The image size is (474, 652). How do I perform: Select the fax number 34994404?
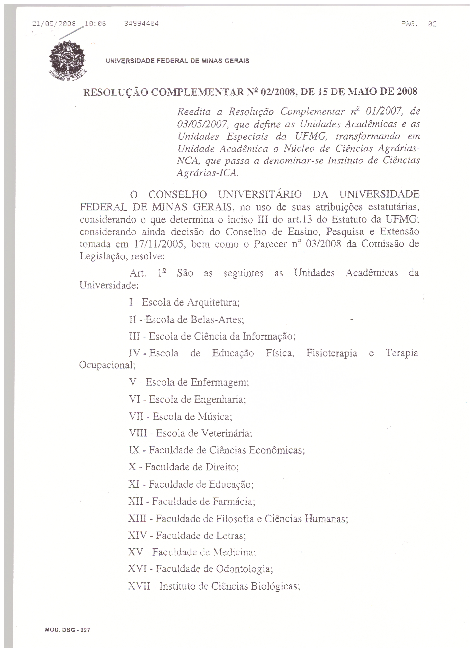(x=141, y=24)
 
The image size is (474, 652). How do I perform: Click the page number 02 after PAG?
(x=432, y=24)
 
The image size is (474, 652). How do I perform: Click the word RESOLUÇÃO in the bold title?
(x=116, y=92)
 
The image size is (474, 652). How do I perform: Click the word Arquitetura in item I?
(x=213, y=302)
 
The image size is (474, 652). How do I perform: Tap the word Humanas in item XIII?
(x=326, y=519)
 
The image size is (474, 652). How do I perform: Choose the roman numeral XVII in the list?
(x=139, y=586)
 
